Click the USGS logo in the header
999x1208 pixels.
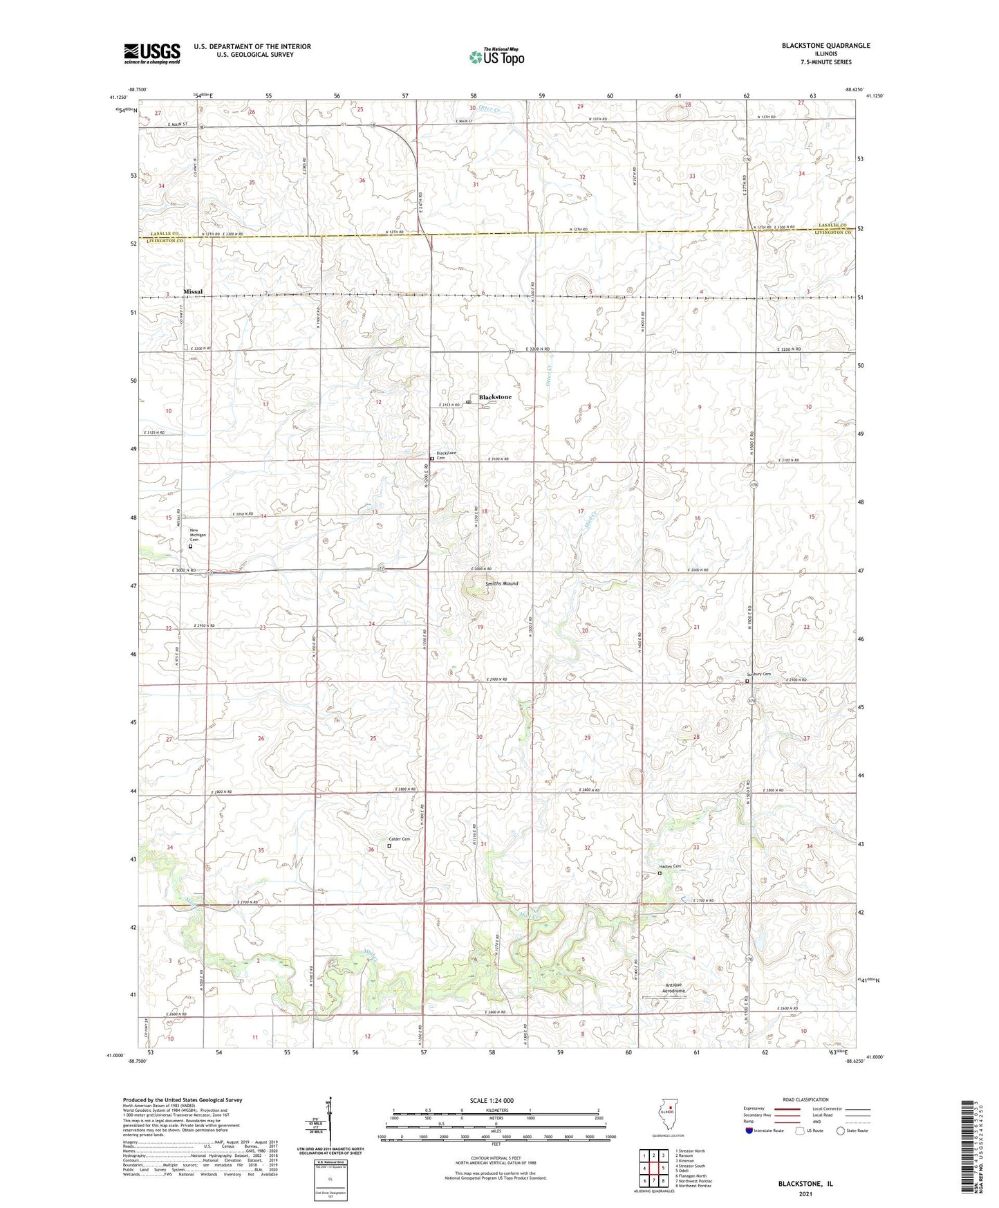(x=152, y=53)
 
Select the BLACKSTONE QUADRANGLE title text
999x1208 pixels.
(x=825, y=46)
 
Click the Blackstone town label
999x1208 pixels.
(x=496, y=397)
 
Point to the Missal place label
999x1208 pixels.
(x=193, y=292)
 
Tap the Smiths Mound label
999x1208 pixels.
(x=501, y=584)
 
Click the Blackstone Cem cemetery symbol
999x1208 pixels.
(x=432, y=459)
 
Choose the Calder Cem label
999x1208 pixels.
(x=399, y=839)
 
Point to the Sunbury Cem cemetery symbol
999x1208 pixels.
(x=747, y=681)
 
